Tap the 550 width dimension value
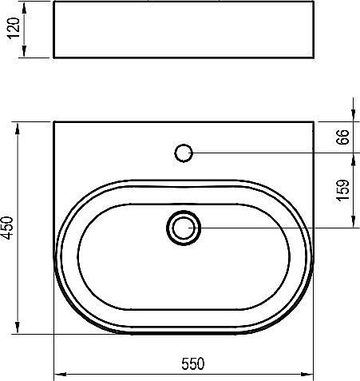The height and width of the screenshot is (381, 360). pyautogui.click(x=192, y=363)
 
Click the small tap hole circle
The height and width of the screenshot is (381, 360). pyautogui.click(x=184, y=151)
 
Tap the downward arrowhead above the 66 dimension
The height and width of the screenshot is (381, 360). pyautogui.click(x=353, y=117)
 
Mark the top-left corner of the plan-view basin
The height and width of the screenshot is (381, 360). pyautogui.click(x=53, y=121)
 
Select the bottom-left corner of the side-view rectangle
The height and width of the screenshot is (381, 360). pyautogui.click(x=53, y=58)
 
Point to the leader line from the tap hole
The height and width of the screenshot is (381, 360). pyautogui.click(x=263, y=152)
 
